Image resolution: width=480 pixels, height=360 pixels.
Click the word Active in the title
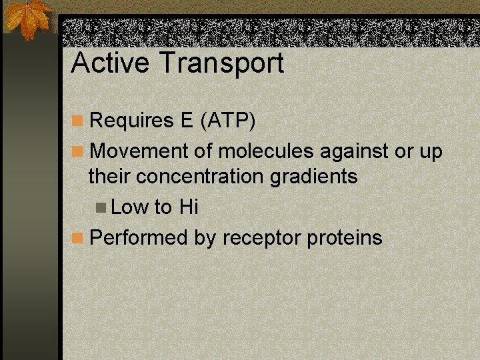109,63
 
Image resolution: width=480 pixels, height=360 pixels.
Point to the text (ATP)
227,121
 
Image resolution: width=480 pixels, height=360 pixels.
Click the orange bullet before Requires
78,121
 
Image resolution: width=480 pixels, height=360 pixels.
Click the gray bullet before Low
101,207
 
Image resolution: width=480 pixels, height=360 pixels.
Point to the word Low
130,207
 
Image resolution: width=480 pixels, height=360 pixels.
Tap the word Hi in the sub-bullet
189,207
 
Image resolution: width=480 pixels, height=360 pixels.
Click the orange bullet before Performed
78,237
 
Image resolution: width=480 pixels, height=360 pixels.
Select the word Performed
139,237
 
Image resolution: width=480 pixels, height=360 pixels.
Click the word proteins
345,238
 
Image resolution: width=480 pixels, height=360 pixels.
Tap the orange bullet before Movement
78,151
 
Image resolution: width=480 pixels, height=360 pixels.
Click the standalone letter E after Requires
186,121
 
